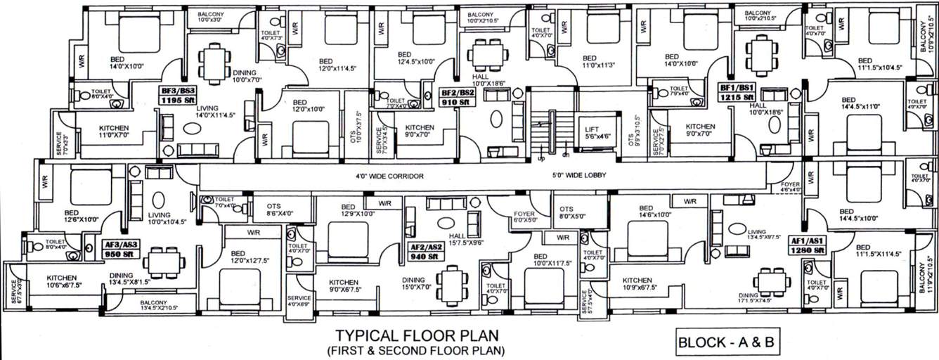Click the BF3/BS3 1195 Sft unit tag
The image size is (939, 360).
[177, 95]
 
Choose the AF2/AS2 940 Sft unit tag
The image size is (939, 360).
[427, 252]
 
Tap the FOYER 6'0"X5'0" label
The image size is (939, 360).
[525, 215]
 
